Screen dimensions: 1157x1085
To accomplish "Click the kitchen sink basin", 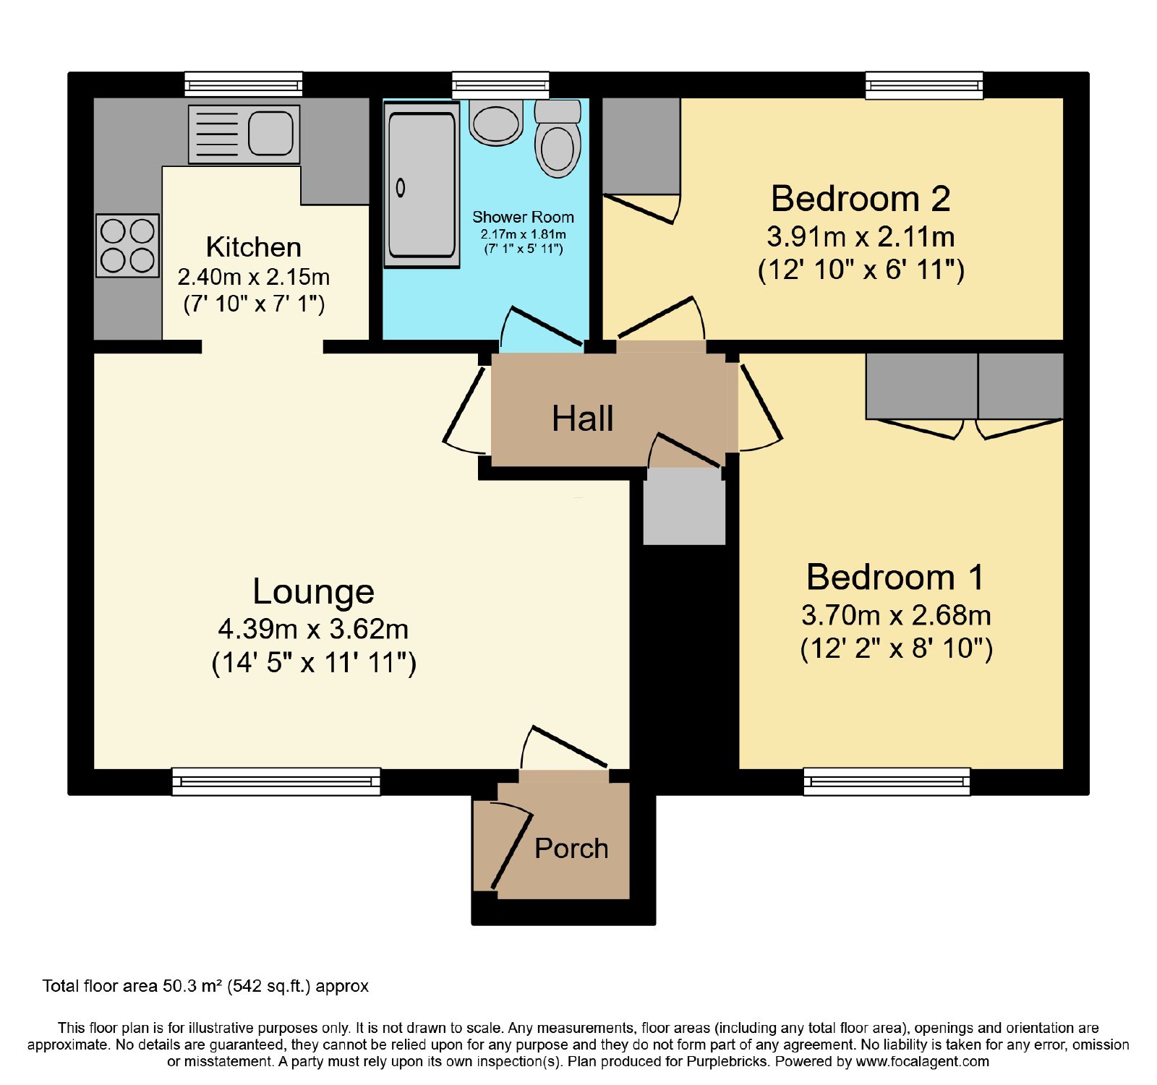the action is point(271,134).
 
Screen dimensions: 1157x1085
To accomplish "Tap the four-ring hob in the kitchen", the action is point(127,245).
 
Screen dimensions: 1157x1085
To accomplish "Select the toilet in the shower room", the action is point(558,139).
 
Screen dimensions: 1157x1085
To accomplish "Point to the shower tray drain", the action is point(401,189).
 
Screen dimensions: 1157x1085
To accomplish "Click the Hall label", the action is point(583,419).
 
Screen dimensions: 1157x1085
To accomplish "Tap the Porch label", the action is point(571,849).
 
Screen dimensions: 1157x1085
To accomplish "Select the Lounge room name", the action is point(314,592).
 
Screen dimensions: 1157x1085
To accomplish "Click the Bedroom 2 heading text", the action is point(861,199).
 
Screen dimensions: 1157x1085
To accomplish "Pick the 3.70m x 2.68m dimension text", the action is point(897,615).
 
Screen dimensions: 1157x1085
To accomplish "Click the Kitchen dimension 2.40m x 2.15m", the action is point(254,277).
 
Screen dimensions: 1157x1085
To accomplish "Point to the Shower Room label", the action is point(523,217).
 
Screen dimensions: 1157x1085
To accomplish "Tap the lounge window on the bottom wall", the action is point(276,781).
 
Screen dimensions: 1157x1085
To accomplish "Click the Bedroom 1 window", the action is point(887,781).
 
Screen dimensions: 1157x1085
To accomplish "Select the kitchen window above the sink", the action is point(244,85).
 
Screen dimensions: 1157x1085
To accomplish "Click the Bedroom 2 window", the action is point(925,85).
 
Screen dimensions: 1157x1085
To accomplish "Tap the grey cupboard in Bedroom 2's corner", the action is point(641,147).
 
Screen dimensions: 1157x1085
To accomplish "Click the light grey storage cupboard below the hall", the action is point(684,506).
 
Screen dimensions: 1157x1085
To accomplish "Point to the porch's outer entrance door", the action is point(511,852).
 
